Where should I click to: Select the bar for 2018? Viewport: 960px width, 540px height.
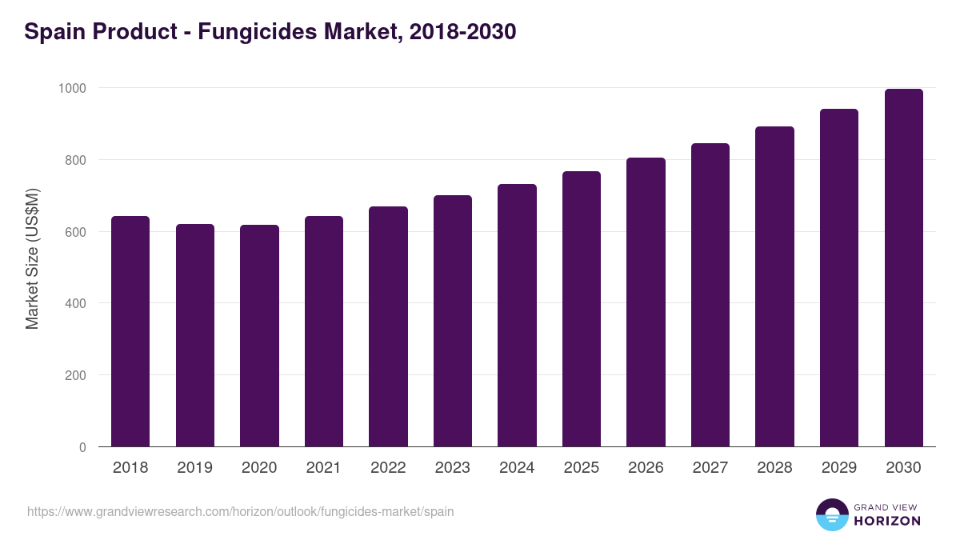[x=130, y=331]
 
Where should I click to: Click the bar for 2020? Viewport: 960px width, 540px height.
[x=259, y=336]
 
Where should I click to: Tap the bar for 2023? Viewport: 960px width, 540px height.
[x=453, y=321]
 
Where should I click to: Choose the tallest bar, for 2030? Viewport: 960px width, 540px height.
[x=903, y=268]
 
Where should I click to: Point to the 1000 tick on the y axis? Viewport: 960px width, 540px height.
[x=71, y=88]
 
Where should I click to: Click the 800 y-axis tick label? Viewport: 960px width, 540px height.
[x=74, y=160]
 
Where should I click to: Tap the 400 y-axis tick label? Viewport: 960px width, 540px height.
[x=74, y=303]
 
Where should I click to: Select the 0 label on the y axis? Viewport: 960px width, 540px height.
[x=82, y=447]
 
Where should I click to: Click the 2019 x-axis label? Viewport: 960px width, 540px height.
[x=195, y=468]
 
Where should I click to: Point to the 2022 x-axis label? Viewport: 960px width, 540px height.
[x=388, y=468]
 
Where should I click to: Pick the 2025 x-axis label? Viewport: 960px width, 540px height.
[x=582, y=468]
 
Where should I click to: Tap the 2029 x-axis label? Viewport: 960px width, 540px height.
[x=839, y=468]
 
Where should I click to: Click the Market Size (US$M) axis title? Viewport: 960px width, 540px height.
[x=32, y=258]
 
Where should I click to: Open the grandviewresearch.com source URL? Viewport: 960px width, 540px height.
[x=240, y=511]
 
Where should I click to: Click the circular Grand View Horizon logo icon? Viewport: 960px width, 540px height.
[x=832, y=514]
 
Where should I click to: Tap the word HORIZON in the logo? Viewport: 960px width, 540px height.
[x=887, y=521]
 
